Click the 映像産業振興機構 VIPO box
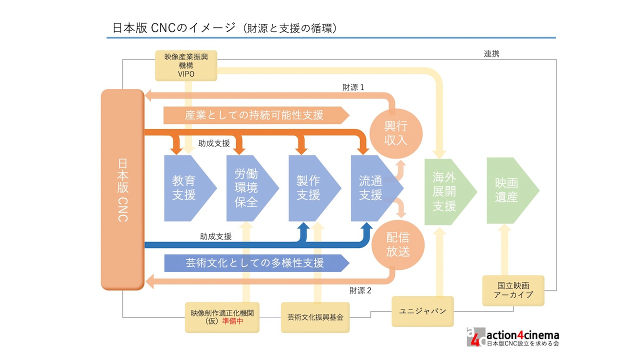point(186,65)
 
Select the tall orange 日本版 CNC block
point(122,189)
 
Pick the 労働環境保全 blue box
point(248,188)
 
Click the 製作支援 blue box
point(310,188)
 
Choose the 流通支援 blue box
point(372,188)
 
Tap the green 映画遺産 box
point(507,190)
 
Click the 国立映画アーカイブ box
point(513,290)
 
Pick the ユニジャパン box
point(422,311)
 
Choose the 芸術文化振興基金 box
point(315,317)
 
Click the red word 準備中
point(232,321)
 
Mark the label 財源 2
point(360,290)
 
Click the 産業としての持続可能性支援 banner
point(255,115)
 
